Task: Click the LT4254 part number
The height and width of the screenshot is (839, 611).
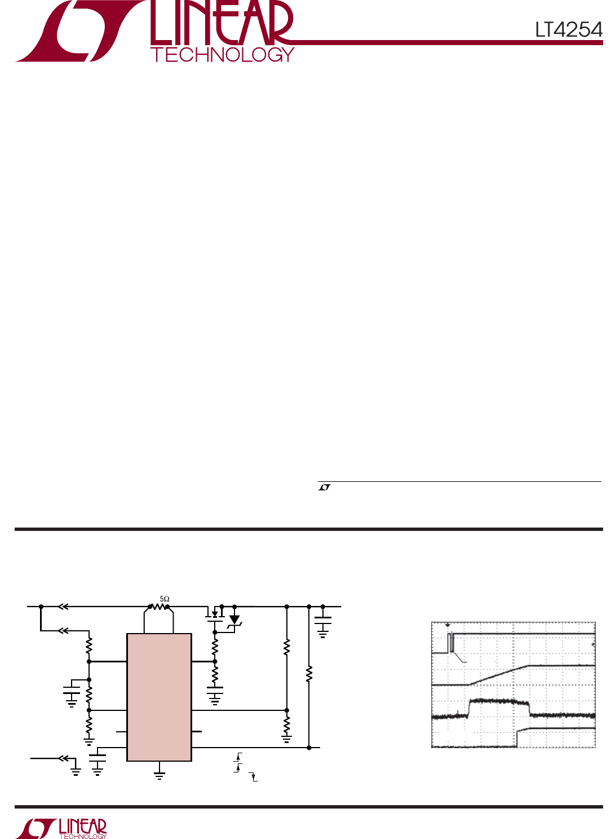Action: [568, 29]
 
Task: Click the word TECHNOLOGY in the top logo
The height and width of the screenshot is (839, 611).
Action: [222, 55]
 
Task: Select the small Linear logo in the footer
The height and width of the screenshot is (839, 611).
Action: [61, 828]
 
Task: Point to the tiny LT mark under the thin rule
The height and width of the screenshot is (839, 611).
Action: [325, 487]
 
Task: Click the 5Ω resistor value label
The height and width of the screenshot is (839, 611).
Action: [165, 599]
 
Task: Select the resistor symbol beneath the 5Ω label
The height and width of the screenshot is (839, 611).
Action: [158, 607]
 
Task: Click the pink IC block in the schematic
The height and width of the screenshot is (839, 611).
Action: [160, 697]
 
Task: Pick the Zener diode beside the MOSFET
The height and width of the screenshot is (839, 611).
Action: [234, 620]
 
